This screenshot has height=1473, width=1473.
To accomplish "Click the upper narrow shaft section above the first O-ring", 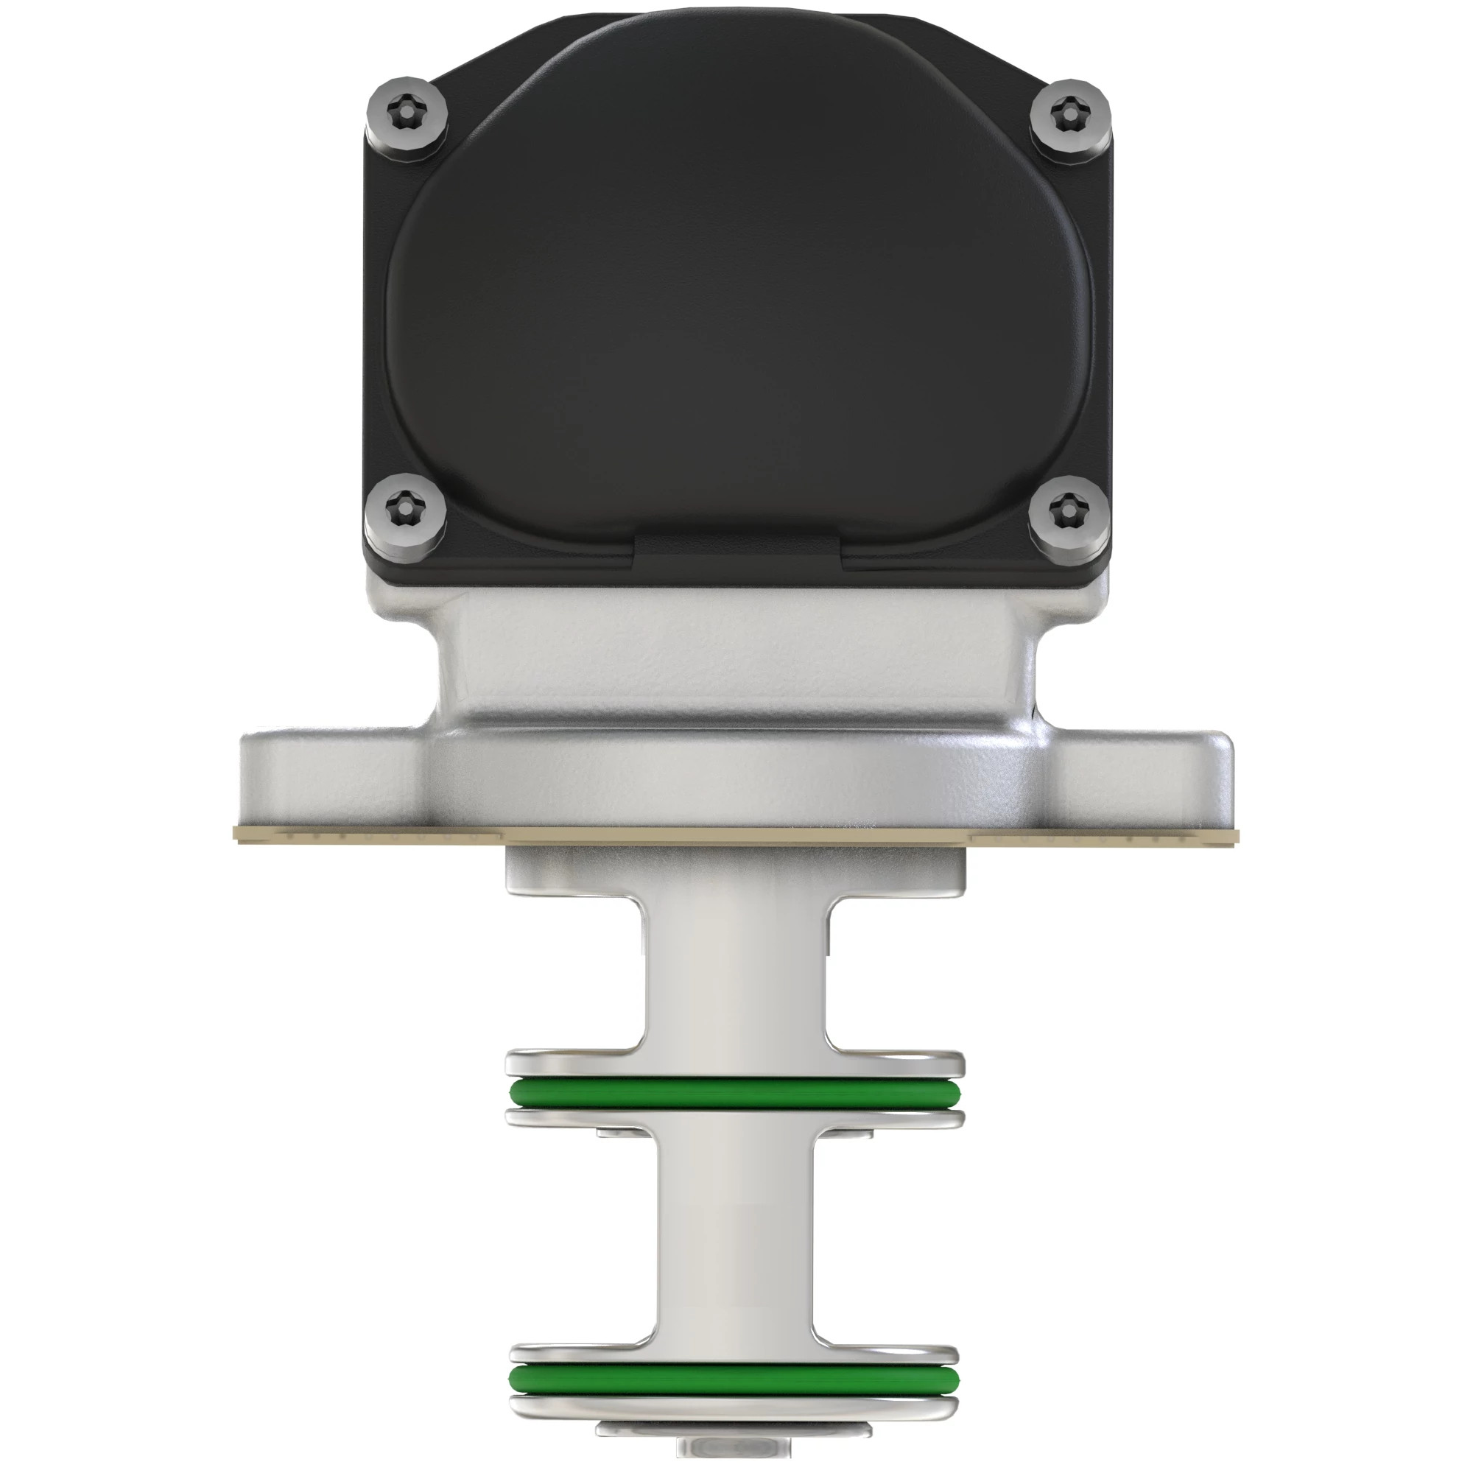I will click(736, 976).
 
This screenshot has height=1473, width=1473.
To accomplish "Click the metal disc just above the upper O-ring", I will click(736, 1062).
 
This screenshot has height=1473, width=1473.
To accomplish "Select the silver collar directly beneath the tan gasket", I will click(736, 869).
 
